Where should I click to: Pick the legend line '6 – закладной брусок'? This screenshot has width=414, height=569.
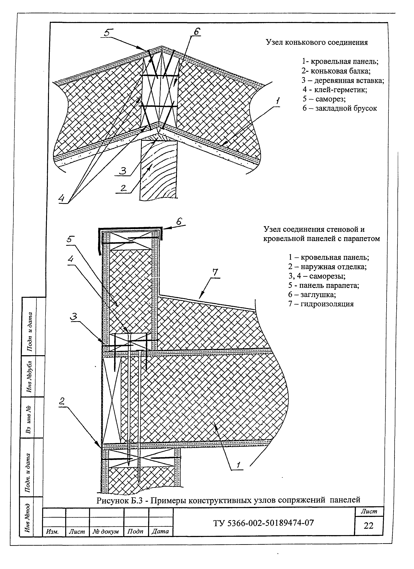[x=339, y=108]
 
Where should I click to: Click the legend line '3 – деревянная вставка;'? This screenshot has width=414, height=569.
[x=343, y=81]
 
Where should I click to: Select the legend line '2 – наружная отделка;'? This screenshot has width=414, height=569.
[x=327, y=267]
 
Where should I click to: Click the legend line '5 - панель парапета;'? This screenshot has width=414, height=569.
[x=324, y=285]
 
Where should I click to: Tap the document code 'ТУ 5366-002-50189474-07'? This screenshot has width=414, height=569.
[x=264, y=523]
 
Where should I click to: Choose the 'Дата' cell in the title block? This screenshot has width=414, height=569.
[x=160, y=531]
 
